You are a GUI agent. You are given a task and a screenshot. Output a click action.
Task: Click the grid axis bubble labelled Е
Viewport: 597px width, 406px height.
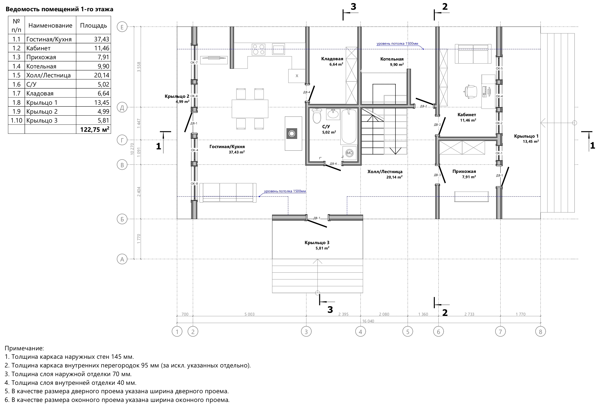click(x=122, y=27)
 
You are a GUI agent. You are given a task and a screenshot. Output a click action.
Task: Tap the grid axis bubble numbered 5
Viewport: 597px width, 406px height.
click(x=408, y=332)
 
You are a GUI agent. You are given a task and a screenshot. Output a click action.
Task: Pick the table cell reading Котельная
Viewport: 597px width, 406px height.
click(x=41, y=66)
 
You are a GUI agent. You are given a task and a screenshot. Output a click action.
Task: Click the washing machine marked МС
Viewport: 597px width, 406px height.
click(x=349, y=153)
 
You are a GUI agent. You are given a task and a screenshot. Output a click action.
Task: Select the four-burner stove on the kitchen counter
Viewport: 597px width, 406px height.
click(x=258, y=50)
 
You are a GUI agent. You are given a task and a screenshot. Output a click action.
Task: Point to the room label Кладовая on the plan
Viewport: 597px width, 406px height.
click(x=332, y=59)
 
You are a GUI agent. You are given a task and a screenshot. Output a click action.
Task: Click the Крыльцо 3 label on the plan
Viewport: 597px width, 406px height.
click(x=317, y=243)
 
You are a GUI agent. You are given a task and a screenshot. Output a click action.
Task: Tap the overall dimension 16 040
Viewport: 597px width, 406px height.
click(x=368, y=321)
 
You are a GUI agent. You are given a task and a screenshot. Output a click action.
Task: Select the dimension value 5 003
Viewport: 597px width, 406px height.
click(x=249, y=314)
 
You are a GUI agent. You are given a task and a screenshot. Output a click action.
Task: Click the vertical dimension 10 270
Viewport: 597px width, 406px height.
click(x=132, y=149)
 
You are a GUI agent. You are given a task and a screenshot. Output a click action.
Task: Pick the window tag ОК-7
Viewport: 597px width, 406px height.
click(x=194, y=63)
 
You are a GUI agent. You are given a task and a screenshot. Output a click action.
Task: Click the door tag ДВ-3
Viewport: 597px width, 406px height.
click(x=437, y=175)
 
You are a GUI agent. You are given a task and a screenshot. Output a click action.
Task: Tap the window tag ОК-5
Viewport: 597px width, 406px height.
click(x=499, y=68)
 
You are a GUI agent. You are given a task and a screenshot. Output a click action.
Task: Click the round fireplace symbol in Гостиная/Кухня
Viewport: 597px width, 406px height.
click(x=292, y=134)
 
